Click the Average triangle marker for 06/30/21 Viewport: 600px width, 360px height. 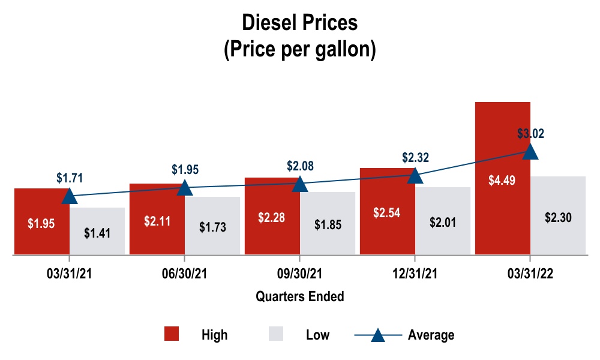185,187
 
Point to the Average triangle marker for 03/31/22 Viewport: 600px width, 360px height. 530,151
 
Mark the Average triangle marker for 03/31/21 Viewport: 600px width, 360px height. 69,196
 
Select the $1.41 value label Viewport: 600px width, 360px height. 97,233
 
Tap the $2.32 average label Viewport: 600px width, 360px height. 415,157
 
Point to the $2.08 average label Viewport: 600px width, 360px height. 300,165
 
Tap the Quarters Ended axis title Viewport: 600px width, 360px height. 300,296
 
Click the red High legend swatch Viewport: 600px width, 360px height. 172,334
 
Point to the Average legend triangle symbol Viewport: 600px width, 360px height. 378,334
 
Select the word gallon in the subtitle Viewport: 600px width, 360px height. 343,49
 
